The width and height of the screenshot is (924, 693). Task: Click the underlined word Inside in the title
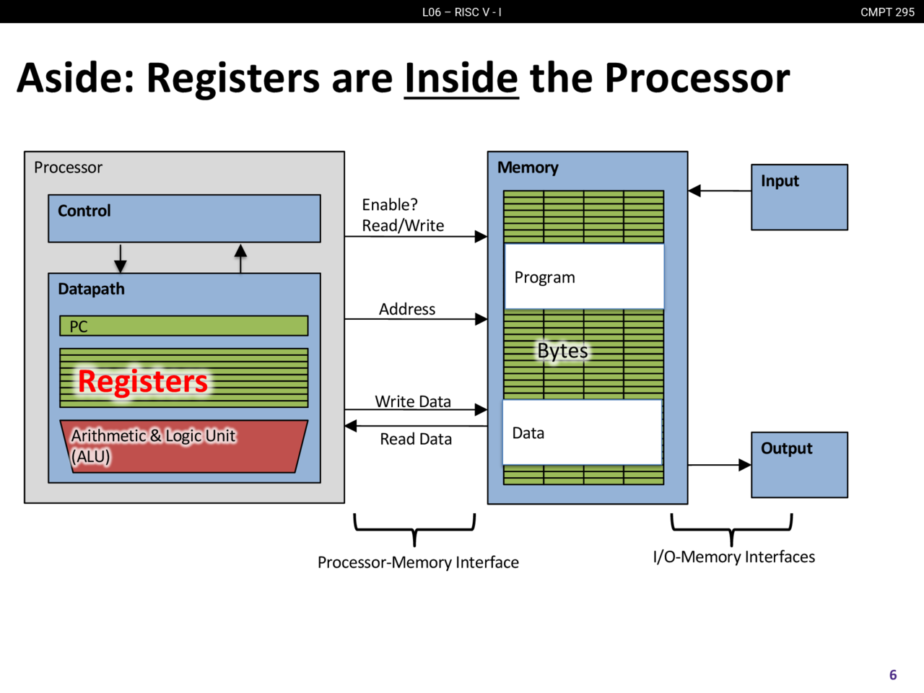[x=461, y=78]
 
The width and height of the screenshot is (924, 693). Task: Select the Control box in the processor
[x=184, y=218]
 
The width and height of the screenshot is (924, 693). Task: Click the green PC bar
[x=183, y=326]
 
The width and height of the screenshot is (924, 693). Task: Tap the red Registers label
[x=142, y=381]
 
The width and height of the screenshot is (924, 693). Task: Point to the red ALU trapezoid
[x=184, y=446]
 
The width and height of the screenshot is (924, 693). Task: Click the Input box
[x=799, y=197]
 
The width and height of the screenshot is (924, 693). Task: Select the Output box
[x=799, y=465]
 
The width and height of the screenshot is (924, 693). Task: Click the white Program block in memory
[x=584, y=277]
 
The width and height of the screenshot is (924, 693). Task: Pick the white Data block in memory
[x=582, y=432]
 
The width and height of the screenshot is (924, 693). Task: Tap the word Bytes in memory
[x=562, y=351]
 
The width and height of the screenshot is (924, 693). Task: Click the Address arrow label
[x=407, y=309]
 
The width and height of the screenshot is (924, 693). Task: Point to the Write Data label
[x=413, y=401]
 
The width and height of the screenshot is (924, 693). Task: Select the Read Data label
[x=416, y=439]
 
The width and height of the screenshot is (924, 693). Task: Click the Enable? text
[x=390, y=205]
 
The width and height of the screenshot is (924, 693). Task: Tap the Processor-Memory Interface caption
[x=418, y=562]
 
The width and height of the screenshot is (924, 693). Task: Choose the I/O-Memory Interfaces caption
[x=733, y=557]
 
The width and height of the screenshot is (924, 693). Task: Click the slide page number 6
[x=893, y=675]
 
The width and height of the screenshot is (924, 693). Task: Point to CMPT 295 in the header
[x=887, y=12]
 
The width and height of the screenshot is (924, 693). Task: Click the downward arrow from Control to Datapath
[x=121, y=258]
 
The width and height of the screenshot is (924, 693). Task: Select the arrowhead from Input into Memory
[x=695, y=191]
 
